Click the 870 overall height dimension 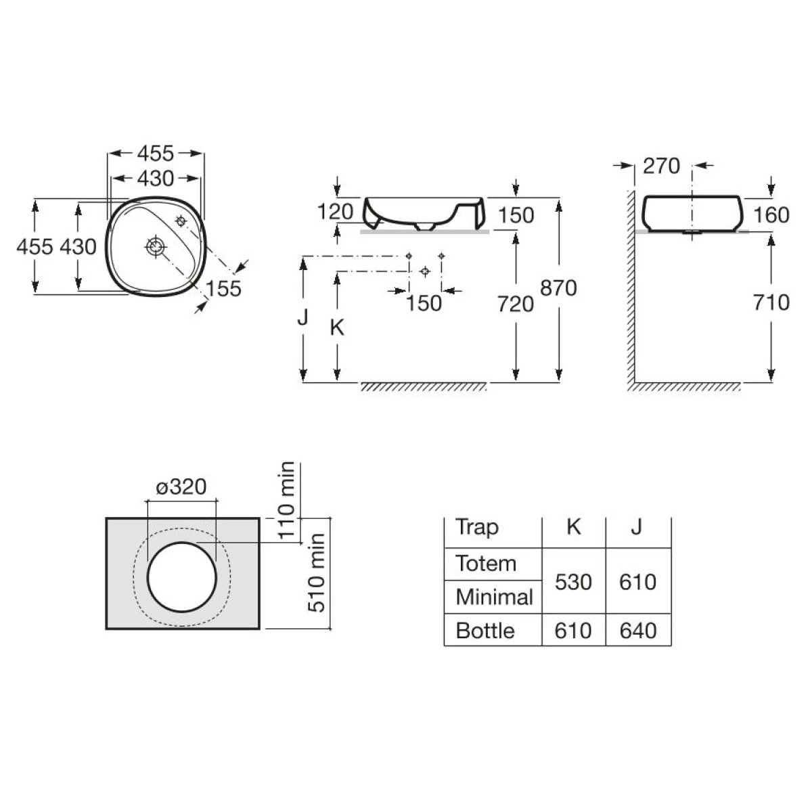point(558,288)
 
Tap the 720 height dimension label point(516,304)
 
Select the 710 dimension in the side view point(771,302)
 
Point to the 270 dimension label point(661,166)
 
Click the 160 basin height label point(771,215)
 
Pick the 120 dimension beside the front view point(335,212)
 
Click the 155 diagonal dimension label point(223,289)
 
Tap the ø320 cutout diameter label point(181,487)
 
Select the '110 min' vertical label point(286,500)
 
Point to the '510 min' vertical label point(316,572)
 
